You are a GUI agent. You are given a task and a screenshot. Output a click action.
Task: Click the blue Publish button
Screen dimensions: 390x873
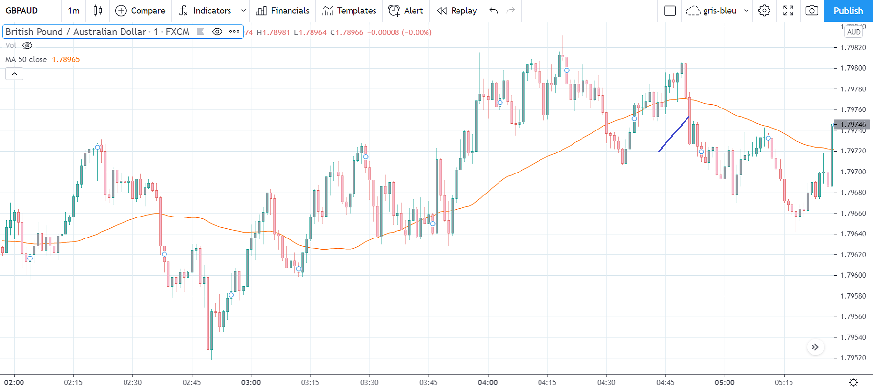(848, 11)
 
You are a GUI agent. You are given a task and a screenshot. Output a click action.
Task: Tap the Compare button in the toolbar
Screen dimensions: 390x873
(140, 11)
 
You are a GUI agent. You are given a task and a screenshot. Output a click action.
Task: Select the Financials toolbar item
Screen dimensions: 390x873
(283, 11)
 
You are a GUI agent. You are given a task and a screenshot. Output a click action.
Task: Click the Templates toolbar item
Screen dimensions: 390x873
(349, 11)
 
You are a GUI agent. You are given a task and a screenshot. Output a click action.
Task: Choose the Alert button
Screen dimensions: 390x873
(406, 11)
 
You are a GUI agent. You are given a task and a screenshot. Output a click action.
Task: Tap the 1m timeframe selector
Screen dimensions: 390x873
(74, 11)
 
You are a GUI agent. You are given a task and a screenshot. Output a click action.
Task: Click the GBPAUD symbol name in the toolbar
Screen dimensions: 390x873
(22, 11)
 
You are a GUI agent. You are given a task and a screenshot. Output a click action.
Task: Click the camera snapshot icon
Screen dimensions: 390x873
(811, 11)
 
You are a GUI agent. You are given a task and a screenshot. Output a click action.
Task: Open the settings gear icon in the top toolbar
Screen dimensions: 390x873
(764, 11)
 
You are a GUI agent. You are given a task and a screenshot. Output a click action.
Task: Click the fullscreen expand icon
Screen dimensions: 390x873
(788, 11)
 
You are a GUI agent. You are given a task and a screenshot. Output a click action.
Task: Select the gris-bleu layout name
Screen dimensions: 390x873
(719, 11)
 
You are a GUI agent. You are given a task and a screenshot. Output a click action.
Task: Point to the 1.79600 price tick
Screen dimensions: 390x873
(853, 275)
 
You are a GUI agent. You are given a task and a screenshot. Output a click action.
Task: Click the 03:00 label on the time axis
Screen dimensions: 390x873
(251, 382)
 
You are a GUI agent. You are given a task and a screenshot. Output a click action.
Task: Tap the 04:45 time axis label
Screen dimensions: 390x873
(665, 382)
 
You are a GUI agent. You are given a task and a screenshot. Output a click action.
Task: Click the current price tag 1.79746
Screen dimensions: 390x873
(853, 125)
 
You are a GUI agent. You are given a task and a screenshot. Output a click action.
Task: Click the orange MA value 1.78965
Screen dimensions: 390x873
(66, 60)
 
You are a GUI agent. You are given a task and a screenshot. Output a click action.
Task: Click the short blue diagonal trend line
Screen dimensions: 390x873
(673, 134)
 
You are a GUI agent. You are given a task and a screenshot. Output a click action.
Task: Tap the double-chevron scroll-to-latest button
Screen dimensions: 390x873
(815, 347)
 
